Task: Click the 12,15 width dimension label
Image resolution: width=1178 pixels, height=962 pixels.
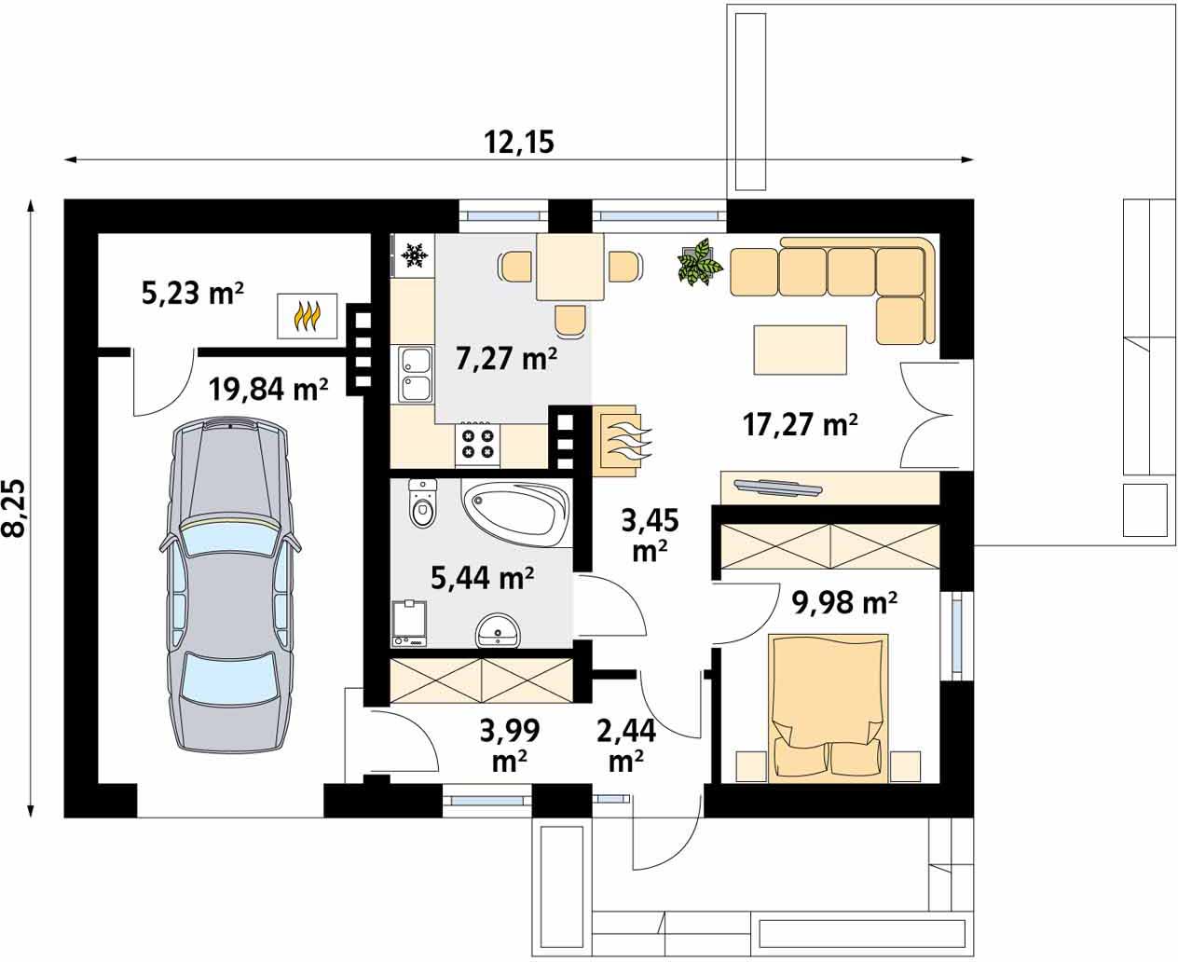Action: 519,142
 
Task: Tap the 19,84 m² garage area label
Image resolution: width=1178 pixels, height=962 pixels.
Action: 268,389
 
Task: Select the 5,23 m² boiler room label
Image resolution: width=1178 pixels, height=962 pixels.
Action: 192,294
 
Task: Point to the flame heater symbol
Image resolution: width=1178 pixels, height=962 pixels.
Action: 308,316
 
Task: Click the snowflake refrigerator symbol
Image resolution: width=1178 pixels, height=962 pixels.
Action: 414,254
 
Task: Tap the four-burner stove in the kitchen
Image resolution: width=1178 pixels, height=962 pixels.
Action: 477,443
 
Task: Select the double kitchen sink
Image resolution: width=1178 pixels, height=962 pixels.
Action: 415,374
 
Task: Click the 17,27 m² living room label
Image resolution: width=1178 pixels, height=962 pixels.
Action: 800,425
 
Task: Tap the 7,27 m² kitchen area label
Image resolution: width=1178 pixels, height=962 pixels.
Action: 506,357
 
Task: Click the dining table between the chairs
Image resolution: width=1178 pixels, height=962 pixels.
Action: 570,268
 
